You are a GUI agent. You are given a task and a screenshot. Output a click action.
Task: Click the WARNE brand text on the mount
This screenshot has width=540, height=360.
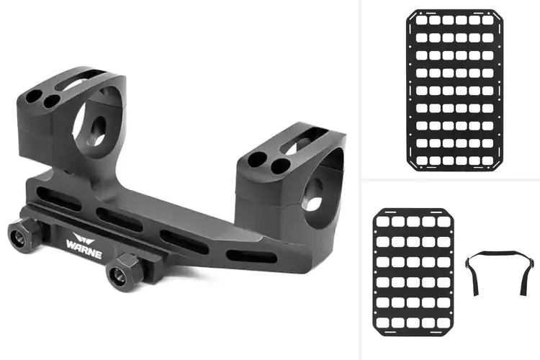click(x=84, y=249)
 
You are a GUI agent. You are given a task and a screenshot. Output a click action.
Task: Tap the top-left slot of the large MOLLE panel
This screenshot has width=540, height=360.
click(x=421, y=20)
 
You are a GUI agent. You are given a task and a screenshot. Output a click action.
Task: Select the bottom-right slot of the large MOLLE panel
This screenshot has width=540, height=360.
click(x=487, y=161)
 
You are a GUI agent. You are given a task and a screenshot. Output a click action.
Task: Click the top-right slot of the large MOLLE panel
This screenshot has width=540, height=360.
click(x=487, y=20)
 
